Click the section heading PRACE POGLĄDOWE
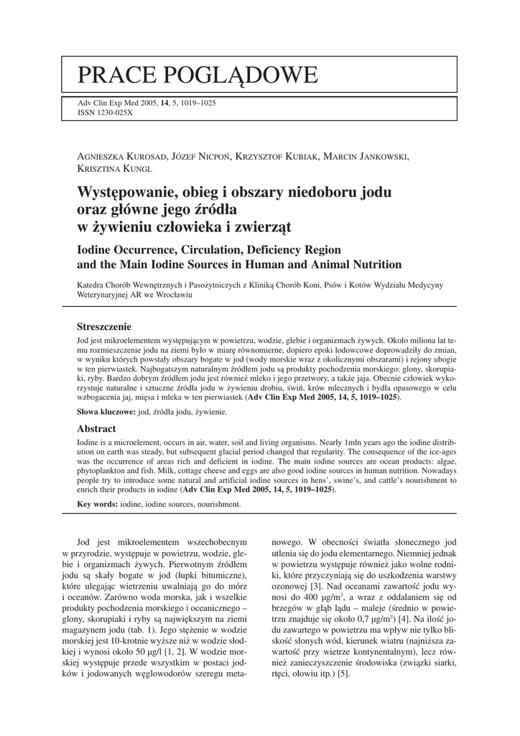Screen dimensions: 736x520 (198, 75)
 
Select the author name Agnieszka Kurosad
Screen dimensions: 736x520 (121, 157)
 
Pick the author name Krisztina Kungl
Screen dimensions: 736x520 (114, 169)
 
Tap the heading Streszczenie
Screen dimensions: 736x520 (105, 326)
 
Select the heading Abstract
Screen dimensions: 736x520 (97, 428)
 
